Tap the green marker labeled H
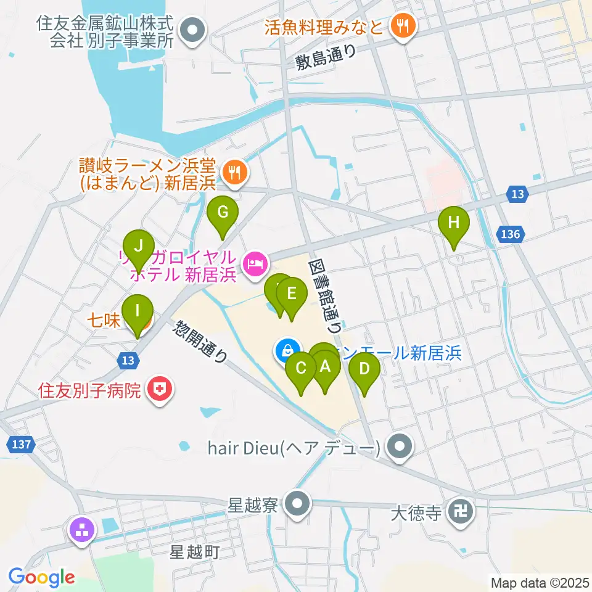454,223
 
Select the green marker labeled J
139,246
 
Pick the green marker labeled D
364,369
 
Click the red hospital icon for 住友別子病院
160,390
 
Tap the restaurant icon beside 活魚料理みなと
405,27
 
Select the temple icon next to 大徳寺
461,512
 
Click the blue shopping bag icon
286,351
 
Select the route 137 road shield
18,444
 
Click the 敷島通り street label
326,59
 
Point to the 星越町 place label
195,552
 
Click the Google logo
41,578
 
